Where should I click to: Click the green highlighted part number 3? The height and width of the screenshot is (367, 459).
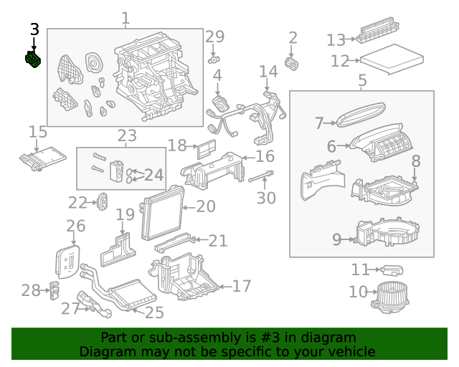(33, 62)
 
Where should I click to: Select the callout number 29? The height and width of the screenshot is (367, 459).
(214, 37)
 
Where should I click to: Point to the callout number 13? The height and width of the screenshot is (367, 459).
(336, 40)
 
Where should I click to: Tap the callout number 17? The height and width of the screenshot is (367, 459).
(242, 286)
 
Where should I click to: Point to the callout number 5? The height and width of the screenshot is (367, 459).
(362, 80)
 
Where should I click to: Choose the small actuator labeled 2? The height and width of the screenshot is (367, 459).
(292, 63)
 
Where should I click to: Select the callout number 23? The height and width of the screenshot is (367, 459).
(126, 135)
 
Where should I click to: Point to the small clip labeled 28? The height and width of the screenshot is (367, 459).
(54, 292)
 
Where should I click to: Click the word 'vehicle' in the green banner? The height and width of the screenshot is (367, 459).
(349, 352)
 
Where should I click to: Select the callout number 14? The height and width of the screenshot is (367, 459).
(268, 71)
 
